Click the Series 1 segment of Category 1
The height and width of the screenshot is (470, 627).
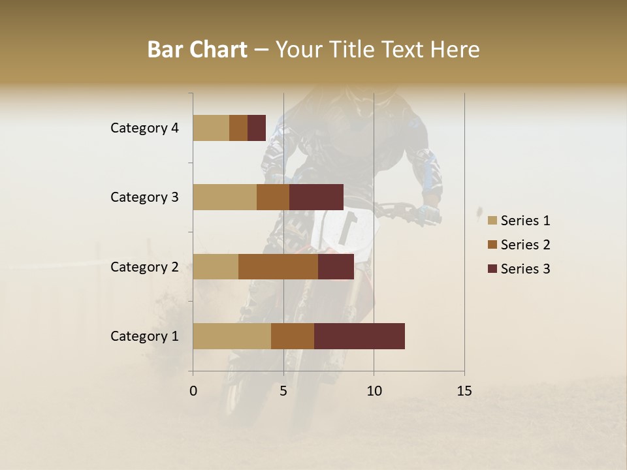pyautogui.click(x=232, y=336)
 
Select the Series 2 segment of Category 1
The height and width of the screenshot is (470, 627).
pyautogui.click(x=293, y=336)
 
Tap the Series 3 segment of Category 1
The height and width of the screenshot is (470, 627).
pyautogui.click(x=359, y=336)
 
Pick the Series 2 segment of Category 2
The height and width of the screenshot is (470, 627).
pyautogui.click(x=278, y=266)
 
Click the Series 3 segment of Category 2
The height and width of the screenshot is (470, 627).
pyautogui.click(x=336, y=266)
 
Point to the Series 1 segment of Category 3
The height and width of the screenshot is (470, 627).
pyautogui.click(x=225, y=197)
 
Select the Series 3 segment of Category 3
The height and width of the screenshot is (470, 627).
pyautogui.click(x=316, y=197)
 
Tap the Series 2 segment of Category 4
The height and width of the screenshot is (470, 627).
pyautogui.click(x=238, y=128)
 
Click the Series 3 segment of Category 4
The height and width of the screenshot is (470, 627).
pyautogui.click(x=257, y=128)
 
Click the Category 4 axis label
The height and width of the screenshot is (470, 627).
pyautogui.click(x=144, y=128)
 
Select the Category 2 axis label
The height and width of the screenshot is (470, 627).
pyautogui.click(x=144, y=266)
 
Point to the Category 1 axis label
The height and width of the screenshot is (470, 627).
pyautogui.click(x=144, y=336)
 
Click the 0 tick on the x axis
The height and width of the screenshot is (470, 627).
pyautogui.click(x=193, y=391)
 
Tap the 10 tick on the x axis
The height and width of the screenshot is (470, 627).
pyautogui.click(x=374, y=391)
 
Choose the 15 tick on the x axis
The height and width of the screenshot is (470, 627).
pyautogui.click(x=464, y=391)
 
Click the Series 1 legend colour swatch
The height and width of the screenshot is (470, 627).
pyautogui.click(x=492, y=221)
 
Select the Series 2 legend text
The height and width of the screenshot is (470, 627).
pyautogui.click(x=525, y=245)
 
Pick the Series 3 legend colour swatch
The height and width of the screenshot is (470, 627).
pyautogui.click(x=492, y=269)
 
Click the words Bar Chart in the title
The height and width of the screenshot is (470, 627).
pyautogui.click(x=197, y=50)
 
